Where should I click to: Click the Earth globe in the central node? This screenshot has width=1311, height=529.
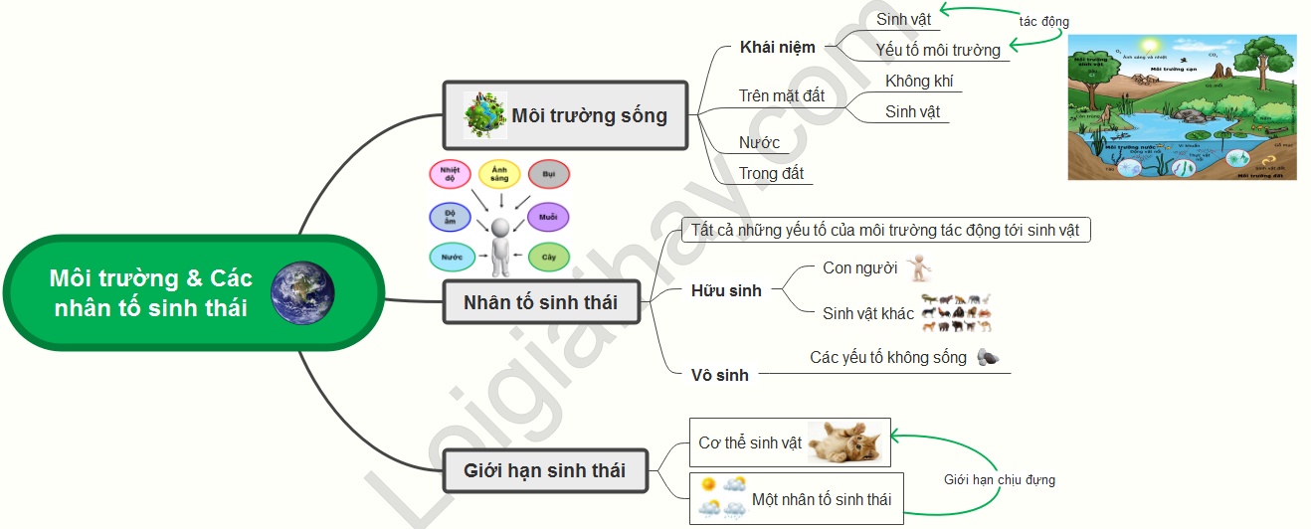[302, 292]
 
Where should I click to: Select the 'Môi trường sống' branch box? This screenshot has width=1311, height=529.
[565, 115]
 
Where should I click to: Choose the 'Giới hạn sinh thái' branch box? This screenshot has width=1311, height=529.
[545, 470]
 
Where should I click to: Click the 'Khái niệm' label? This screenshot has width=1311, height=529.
[778, 47]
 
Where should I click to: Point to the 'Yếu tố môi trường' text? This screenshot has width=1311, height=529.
[937, 49]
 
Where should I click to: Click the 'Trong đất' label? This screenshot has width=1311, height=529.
[771, 173]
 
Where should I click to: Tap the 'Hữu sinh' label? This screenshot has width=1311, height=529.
[726, 290]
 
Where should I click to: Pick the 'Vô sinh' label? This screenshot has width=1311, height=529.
[720, 375]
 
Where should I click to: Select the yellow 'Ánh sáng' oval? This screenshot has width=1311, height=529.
[499, 175]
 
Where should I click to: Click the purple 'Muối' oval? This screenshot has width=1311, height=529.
[548, 217]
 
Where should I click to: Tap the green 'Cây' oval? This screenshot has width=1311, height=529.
[548, 258]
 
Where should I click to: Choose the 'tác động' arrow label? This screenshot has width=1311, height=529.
[1044, 22]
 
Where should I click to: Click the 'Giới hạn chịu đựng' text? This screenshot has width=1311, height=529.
[1000, 480]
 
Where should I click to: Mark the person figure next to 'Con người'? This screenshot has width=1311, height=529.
[920, 267]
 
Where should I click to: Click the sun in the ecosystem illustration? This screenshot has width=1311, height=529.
[1151, 47]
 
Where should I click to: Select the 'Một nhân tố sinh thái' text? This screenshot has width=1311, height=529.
[822, 499]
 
